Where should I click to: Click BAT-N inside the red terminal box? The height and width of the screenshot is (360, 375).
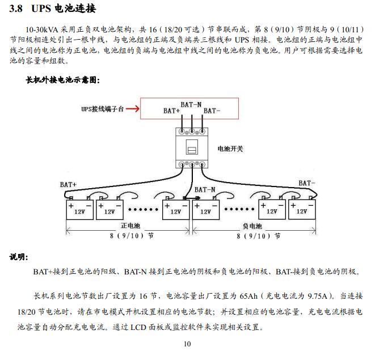(191, 104)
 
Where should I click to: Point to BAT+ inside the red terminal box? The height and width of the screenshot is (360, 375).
(172, 111)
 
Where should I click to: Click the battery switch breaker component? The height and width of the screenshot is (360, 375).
(192, 147)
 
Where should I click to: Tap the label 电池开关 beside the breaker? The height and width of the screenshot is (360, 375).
(230, 149)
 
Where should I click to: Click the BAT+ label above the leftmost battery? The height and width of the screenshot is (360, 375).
(68, 185)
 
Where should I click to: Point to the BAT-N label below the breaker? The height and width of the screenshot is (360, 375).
(205, 189)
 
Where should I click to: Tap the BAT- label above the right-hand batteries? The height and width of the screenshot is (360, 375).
(306, 183)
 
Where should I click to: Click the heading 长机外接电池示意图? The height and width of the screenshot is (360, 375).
(62, 80)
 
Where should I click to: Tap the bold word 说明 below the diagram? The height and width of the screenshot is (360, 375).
(18, 257)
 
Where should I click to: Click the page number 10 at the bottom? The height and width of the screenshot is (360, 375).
(188, 344)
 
